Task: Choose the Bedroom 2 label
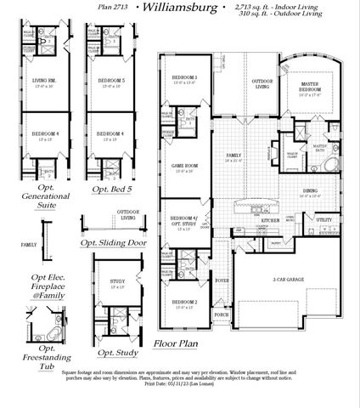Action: click(x=184, y=303)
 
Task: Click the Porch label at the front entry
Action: click(x=222, y=314)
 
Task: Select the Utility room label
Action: click(x=324, y=219)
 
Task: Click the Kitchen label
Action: click(x=270, y=219)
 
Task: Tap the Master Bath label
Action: click(x=320, y=147)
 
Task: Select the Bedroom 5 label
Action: click(x=110, y=81)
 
